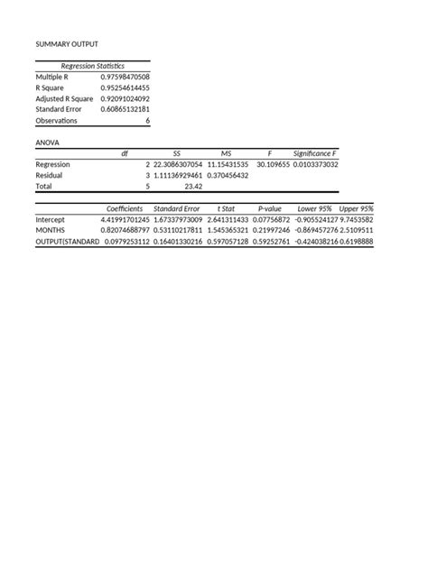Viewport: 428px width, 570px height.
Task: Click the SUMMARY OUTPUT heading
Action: (x=67, y=44)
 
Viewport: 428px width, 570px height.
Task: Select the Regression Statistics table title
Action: (x=92, y=66)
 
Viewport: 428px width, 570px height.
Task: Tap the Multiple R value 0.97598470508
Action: (x=125, y=78)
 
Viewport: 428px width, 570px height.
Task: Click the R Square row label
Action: (x=51, y=88)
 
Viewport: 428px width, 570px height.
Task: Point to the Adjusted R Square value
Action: (x=125, y=99)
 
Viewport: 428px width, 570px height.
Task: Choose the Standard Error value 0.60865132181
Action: (x=125, y=109)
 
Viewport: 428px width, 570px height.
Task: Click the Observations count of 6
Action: (x=147, y=120)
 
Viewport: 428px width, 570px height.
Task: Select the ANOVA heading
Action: (x=47, y=142)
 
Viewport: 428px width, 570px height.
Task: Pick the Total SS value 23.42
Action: (x=192, y=187)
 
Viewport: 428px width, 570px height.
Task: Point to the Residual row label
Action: (x=50, y=176)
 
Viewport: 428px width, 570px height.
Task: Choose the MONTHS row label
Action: (x=51, y=231)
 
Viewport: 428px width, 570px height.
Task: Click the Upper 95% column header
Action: (x=356, y=208)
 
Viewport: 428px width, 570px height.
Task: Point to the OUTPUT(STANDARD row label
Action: (x=68, y=242)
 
